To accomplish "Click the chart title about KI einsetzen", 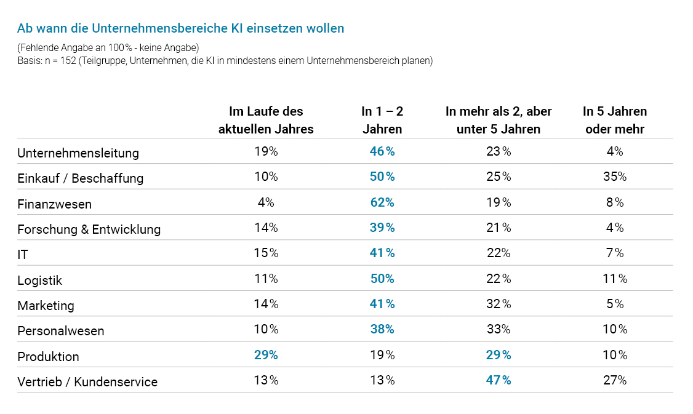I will click(x=180, y=28).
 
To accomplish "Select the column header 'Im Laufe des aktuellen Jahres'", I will click(x=266, y=121).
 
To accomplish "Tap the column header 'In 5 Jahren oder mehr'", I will click(x=614, y=121).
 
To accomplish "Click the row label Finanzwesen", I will click(x=55, y=204).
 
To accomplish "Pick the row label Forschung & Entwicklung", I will click(x=89, y=229).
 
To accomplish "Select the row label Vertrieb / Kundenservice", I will click(x=87, y=382).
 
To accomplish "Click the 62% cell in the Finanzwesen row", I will click(x=382, y=202).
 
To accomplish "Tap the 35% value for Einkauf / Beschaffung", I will click(x=614, y=177).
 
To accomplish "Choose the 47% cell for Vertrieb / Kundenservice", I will click(x=499, y=380).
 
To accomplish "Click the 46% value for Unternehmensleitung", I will click(x=382, y=151).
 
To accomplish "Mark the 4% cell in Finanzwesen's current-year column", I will click(x=266, y=202).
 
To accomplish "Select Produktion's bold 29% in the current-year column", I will click(x=266, y=355).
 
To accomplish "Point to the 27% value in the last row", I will click(x=614, y=380).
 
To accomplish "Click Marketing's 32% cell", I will click(x=499, y=304).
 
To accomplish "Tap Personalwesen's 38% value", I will click(x=382, y=329).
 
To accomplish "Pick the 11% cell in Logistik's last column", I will click(x=614, y=279).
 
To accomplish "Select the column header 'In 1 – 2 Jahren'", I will click(x=382, y=121).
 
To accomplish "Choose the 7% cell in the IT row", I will click(x=614, y=253).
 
